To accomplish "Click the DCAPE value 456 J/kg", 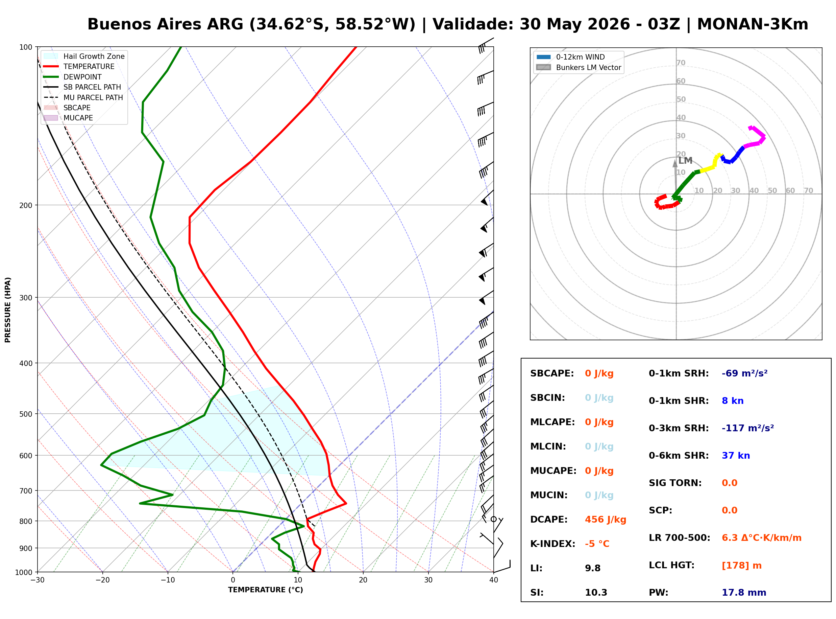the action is [606, 520].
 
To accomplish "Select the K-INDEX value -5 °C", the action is [597, 544].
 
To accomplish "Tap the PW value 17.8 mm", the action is [744, 593].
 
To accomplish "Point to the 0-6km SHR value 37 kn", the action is [736, 456].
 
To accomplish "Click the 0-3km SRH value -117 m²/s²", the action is [748, 428].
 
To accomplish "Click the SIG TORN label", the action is [675, 483].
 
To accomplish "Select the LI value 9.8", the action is [593, 568].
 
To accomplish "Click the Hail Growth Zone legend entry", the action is [84, 56].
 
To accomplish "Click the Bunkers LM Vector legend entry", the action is [579, 67].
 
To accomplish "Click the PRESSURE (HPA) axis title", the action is [8, 310].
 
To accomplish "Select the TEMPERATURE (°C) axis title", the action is [266, 590].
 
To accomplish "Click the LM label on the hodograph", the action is [685, 161].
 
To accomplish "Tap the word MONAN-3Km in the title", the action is [753, 24].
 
